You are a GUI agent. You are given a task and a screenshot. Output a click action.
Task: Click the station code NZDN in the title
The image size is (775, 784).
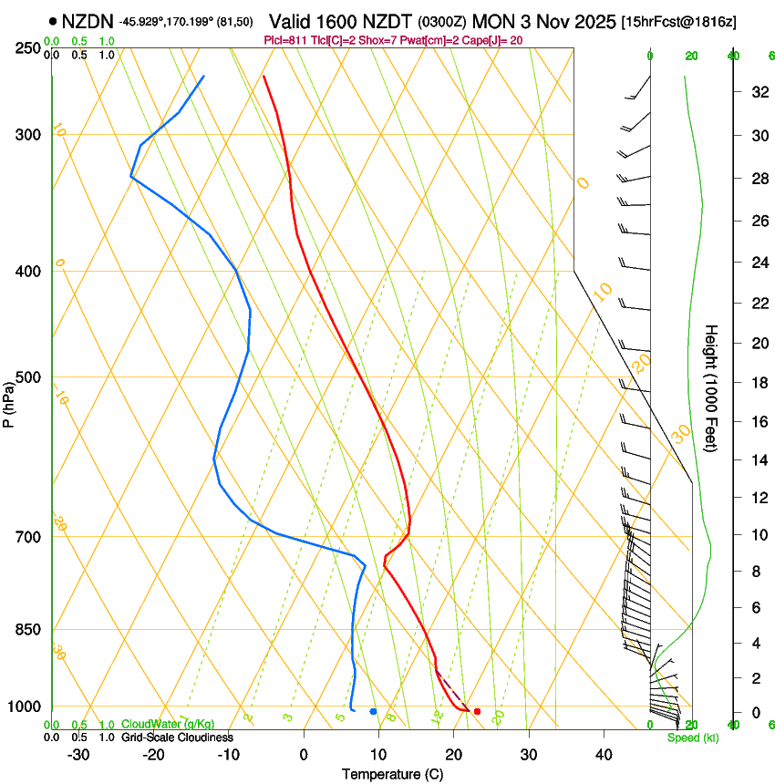[x=88, y=20]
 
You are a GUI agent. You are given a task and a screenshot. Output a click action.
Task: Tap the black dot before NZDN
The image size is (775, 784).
[x=53, y=21]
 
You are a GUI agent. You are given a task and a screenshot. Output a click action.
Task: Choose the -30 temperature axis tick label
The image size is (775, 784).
[x=78, y=754]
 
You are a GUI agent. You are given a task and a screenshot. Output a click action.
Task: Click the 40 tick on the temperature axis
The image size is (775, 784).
[x=603, y=754]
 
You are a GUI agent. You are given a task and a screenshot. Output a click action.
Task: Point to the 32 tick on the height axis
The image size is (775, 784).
[x=757, y=92]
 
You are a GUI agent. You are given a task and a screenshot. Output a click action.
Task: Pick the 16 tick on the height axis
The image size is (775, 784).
[x=757, y=422]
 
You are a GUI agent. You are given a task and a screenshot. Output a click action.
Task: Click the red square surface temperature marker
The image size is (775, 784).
[x=477, y=711]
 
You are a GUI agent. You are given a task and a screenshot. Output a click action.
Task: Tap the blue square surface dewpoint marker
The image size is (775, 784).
[x=373, y=711]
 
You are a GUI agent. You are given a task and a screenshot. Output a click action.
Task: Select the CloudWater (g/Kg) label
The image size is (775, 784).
[x=155, y=725]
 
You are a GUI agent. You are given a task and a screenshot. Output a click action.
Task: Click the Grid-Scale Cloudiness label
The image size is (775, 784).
[x=176, y=738]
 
